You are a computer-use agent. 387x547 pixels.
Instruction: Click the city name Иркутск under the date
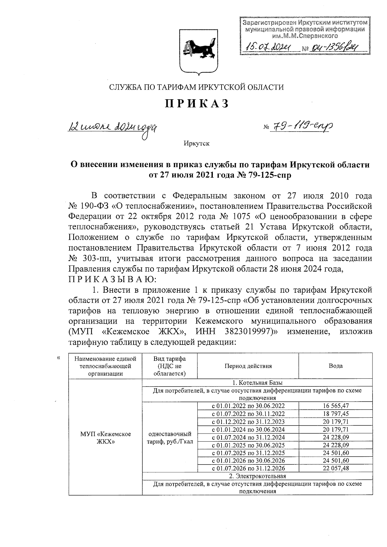click(196, 143)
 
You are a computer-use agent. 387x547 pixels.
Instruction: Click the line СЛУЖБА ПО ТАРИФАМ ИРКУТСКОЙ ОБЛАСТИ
click(197, 87)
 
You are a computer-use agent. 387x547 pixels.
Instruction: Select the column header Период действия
click(248, 366)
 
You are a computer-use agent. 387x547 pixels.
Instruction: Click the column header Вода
click(335, 366)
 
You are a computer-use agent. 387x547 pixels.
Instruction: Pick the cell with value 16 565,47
click(335, 406)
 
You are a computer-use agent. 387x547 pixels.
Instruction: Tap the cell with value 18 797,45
click(335, 414)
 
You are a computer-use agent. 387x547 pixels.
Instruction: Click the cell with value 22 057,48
click(335, 468)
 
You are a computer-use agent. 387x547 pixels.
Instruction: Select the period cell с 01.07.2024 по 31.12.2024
click(248, 437)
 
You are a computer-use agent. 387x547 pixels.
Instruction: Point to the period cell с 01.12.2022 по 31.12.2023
click(248, 422)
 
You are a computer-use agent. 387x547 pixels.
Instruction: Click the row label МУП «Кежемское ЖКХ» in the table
click(105, 438)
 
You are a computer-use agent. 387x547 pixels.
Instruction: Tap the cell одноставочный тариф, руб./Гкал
click(169, 437)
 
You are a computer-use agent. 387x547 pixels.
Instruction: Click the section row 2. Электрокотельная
click(257, 476)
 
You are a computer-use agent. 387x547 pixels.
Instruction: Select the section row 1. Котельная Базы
click(257, 383)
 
